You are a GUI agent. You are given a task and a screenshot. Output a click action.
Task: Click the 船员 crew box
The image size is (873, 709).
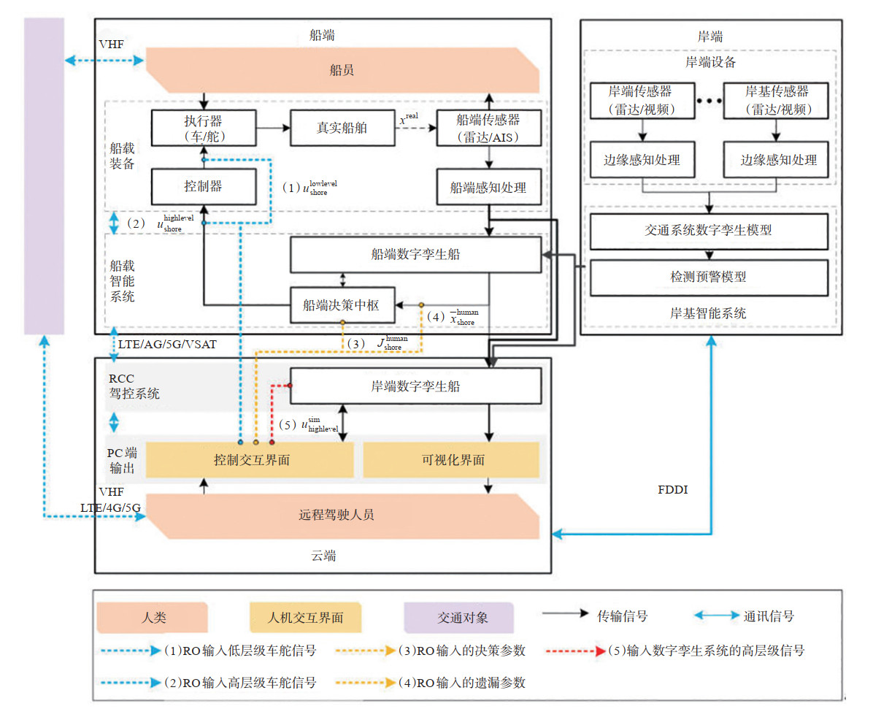coord(342,70)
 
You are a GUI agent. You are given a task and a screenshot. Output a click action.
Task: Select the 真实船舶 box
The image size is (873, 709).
coord(342,128)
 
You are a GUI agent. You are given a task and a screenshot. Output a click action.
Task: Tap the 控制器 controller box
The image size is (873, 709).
coord(204,187)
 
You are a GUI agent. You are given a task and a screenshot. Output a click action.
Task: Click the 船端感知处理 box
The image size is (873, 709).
coord(489,187)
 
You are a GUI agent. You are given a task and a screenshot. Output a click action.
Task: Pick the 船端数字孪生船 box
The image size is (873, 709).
coord(416,255)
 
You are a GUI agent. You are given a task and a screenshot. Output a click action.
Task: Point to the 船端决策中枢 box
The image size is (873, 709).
coord(342,304)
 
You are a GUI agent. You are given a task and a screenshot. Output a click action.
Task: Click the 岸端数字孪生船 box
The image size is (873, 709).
coord(416,386)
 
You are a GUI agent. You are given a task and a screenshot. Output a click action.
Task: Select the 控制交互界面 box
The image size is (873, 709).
coord(250,460)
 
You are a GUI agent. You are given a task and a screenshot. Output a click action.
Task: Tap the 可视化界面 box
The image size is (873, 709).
coord(452,460)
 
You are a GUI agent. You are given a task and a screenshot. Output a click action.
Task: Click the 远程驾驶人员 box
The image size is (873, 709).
coord(342,516)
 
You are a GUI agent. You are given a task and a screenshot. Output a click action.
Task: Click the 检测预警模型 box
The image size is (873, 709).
coord(709,277)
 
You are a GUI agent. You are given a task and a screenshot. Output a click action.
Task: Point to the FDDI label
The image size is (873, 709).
coord(672,489)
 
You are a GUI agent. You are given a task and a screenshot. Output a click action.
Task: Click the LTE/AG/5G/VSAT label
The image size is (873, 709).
coord(167,344)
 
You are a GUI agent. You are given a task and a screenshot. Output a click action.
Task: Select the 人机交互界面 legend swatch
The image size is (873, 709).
coord(305,617)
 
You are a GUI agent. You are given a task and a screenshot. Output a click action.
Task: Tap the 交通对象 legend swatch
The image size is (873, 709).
coord(459,617)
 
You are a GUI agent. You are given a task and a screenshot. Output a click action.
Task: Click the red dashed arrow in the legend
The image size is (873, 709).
coord(576,651)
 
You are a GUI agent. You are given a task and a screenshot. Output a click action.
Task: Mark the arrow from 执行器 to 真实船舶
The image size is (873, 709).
coord(274,128)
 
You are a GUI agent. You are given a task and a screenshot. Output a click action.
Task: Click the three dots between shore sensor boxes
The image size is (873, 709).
coord(709,101)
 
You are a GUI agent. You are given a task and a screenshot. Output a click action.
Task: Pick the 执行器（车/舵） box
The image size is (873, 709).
coord(204,128)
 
